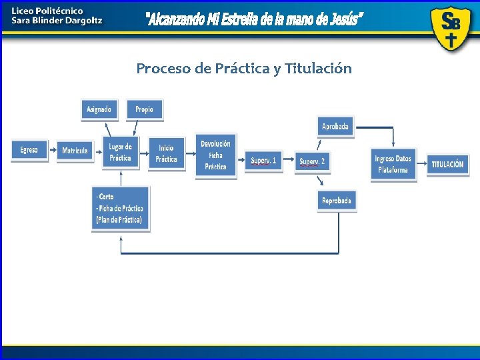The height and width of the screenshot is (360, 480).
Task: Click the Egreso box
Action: (29, 150)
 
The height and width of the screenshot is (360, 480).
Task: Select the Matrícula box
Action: (75, 151)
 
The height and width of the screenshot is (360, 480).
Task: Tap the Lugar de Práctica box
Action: (120, 152)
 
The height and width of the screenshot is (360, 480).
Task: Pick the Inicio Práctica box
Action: (166, 153)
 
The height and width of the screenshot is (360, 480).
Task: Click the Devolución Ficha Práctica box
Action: (215, 155)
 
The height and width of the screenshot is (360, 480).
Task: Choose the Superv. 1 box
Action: (263, 161)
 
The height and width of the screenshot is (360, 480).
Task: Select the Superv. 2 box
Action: (312, 161)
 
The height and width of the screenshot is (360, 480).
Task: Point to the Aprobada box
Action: (335, 127)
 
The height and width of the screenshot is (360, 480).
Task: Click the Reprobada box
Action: (337, 201)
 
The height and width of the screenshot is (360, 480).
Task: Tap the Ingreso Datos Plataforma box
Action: (393, 164)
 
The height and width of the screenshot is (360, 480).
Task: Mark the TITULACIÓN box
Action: (447, 164)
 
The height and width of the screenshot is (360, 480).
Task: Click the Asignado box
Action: (99, 109)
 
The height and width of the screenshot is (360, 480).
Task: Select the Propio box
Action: (144, 109)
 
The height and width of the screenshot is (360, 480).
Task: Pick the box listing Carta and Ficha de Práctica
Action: (120, 208)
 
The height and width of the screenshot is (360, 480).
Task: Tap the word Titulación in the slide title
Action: (318, 69)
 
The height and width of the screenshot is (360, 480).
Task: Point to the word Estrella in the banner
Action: (248, 20)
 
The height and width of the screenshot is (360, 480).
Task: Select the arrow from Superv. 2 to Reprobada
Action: (322, 181)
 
